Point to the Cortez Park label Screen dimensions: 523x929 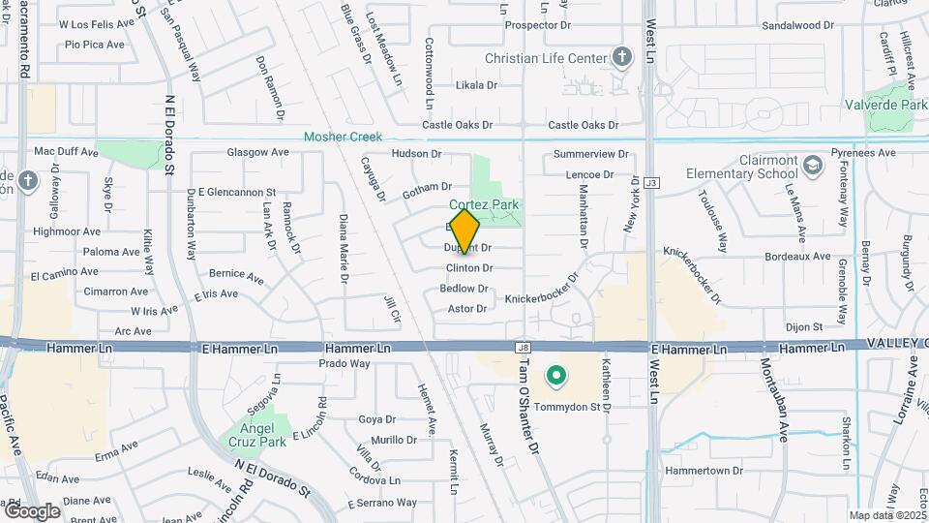pos(484,204)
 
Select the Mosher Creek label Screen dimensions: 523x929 pos(343,138)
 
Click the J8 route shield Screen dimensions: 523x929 pos(524,347)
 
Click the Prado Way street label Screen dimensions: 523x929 pos(345,363)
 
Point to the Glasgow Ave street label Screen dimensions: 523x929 pos(257,152)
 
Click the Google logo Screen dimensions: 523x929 pos(32,510)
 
